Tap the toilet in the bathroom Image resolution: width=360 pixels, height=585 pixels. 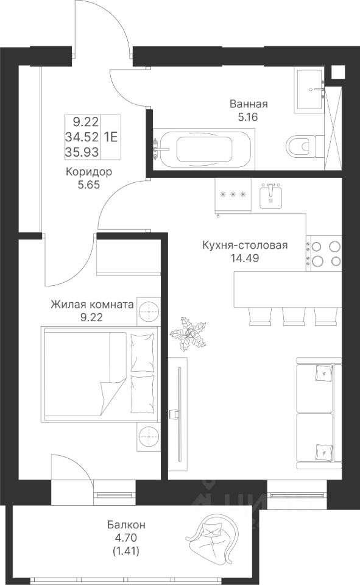pyautogui.click(x=305, y=146)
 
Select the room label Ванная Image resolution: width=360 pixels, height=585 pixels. pyautogui.click(x=249, y=104)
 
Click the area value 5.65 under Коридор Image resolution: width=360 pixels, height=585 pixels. pyautogui.click(x=89, y=184)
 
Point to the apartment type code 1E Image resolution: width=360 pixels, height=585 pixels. pyautogui.click(x=111, y=137)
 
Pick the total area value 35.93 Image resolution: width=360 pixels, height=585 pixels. pyautogui.click(x=82, y=152)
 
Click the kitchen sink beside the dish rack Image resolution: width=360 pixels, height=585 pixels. pyautogui.click(x=271, y=196)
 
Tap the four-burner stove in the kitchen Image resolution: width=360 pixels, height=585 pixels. pyautogui.click(x=324, y=253)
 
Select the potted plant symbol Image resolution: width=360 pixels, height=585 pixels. pyautogui.click(x=189, y=335)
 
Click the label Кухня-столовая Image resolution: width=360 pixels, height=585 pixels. pyautogui.click(x=245, y=245)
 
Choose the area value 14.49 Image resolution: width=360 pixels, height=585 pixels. pyautogui.click(x=245, y=258)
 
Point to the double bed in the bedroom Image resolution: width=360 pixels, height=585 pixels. pyautogui.click(x=100, y=374)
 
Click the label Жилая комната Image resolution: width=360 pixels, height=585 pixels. pyautogui.click(x=92, y=305)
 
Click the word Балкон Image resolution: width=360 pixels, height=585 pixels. pyautogui.click(x=127, y=525)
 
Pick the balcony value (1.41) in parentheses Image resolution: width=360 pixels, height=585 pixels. pyautogui.click(x=127, y=550)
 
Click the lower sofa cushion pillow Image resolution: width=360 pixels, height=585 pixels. pyautogui.click(x=323, y=452)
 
